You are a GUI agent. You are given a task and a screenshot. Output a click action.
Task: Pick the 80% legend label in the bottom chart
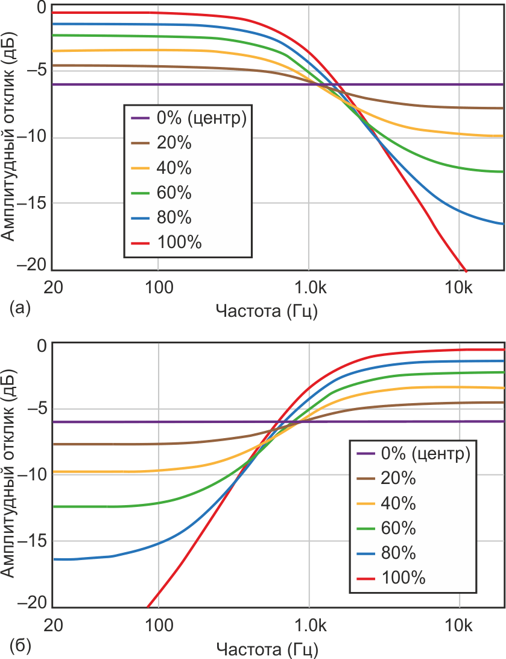(x=399, y=553)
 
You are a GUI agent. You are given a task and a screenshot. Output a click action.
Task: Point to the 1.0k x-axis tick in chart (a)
(x=308, y=288)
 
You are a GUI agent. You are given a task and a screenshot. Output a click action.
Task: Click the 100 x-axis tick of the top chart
(x=157, y=288)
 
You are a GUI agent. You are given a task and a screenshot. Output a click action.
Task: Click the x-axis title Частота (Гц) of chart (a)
(x=267, y=311)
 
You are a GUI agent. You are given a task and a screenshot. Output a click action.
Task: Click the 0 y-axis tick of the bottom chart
(x=42, y=346)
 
